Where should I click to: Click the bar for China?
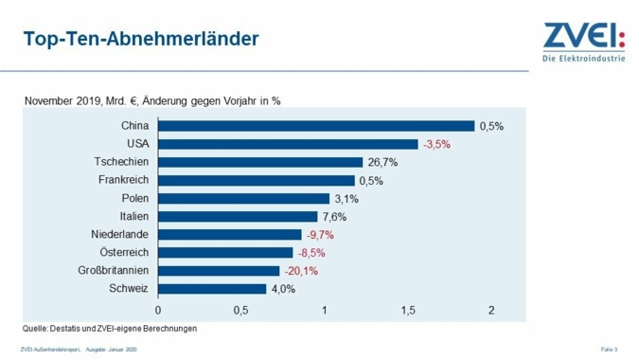pos(315,126)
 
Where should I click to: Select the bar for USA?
pos(288,144)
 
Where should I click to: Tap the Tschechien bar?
pos(260,162)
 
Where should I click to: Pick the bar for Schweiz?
pos(212,288)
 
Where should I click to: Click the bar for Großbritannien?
pos(219,270)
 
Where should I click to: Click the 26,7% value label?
pos(382,162)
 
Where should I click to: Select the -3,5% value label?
pos(436,144)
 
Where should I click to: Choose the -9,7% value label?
pos(321,234)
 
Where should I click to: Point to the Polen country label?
pos(135,198)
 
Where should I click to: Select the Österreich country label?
pos(124,252)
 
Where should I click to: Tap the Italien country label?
pos(133,216)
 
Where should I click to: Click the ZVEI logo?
pos(584,43)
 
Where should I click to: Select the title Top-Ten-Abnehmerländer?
pos(141,40)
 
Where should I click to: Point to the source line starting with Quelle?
pos(109,329)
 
